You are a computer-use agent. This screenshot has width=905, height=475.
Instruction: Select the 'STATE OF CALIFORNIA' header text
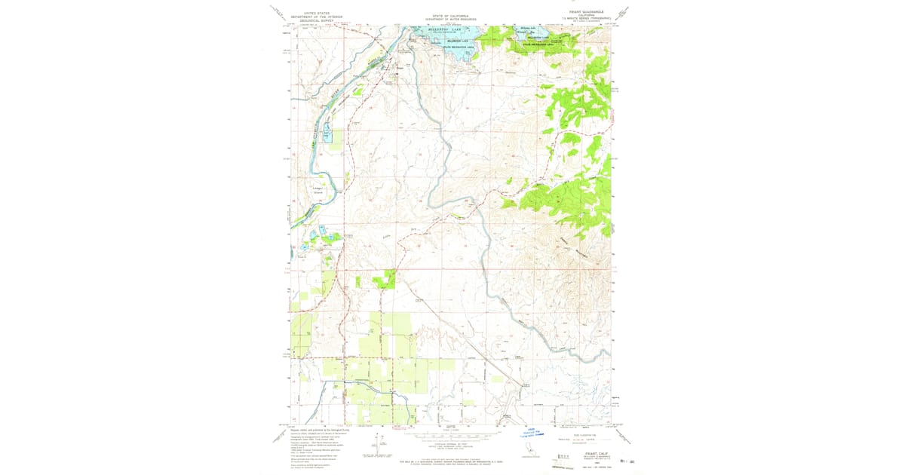449,15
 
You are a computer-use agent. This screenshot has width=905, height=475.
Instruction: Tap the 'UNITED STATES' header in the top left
317,13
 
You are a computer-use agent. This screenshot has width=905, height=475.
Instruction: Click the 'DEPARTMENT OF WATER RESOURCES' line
449,19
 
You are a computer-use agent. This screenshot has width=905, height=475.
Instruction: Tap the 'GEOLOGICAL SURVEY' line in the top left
317,22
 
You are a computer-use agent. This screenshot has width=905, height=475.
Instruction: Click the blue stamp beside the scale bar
531,433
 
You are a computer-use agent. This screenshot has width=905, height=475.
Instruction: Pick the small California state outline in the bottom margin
529,450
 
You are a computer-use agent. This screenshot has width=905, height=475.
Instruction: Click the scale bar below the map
449,435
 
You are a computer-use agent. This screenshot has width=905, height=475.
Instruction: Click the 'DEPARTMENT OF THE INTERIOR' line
317,17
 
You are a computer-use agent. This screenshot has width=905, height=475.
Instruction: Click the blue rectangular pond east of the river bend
327,135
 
